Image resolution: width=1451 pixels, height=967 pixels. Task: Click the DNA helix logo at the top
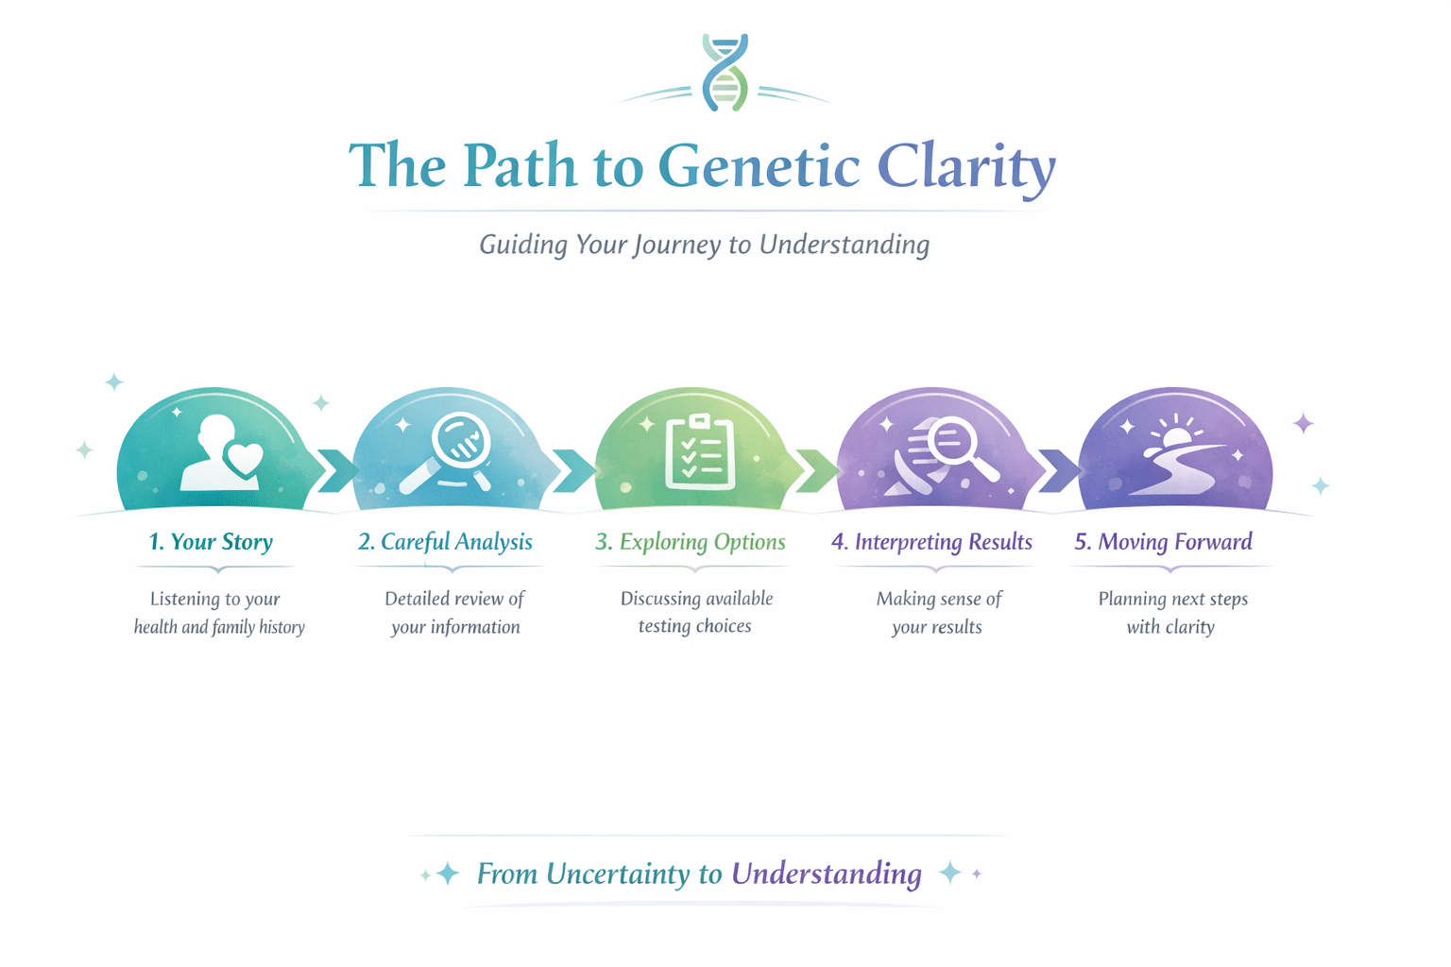[725, 72]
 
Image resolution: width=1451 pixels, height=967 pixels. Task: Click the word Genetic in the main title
[760, 166]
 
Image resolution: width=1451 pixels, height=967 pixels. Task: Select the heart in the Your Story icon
[243, 459]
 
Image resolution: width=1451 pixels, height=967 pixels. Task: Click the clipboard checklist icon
[700, 452]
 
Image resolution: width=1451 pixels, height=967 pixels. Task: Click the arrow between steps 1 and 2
[337, 471]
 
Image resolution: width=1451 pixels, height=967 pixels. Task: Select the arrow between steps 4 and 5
[1058, 471]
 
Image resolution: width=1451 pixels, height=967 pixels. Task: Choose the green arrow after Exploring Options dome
[816, 471]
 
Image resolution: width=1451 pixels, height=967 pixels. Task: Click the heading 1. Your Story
[211, 541]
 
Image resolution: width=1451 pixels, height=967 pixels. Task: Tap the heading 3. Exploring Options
[690, 541]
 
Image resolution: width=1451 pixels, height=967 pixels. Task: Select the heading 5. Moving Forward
[1164, 541]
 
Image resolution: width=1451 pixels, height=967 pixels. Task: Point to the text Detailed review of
[454, 598]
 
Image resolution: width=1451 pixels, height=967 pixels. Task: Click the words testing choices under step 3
[695, 626]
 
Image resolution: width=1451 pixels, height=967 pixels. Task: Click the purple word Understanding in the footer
[827, 874]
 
